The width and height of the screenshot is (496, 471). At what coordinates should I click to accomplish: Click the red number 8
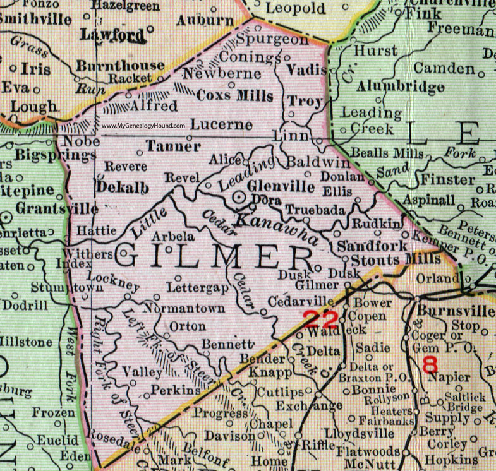pyautogui.click(x=430, y=364)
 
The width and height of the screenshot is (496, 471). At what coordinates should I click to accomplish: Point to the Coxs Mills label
pyautogui.click(x=235, y=97)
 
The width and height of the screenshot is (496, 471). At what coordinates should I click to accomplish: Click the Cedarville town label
pyautogui.click(x=306, y=300)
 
